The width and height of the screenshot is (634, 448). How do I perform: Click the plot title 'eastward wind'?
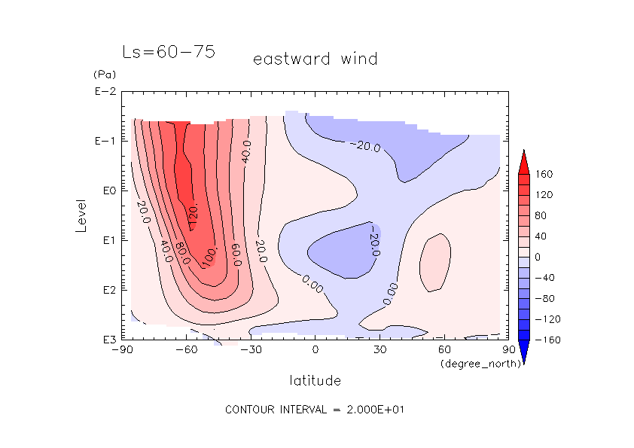click(315, 59)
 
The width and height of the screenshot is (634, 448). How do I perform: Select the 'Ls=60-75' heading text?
click(169, 52)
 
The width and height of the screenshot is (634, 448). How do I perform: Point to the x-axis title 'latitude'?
click(315, 380)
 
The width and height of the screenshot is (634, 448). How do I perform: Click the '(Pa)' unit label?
click(103, 75)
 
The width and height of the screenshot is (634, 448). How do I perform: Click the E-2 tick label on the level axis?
click(105, 92)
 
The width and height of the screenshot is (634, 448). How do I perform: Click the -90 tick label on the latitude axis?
click(122, 351)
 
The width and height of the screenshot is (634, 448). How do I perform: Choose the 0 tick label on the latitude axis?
click(315, 351)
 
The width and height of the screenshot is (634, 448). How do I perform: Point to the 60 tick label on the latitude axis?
click(443, 351)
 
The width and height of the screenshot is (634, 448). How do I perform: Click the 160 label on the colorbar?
click(544, 174)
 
